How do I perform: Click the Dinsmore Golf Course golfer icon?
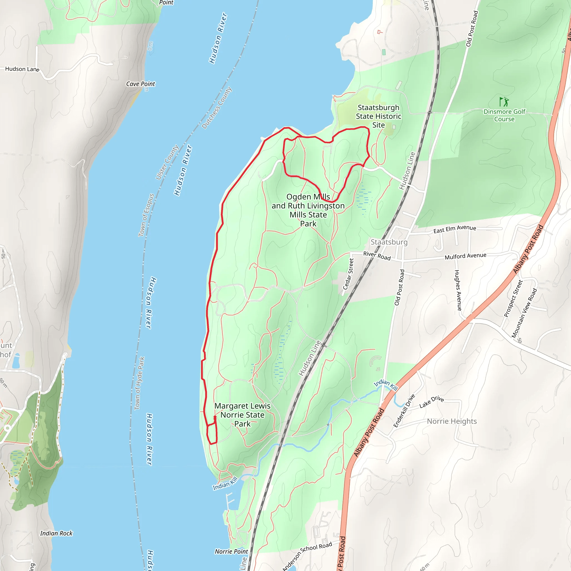(x=504, y=102)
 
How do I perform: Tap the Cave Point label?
(x=141, y=84)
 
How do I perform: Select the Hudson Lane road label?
(x=22, y=69)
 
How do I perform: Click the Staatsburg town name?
(x=389, y=242)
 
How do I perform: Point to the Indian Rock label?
(x=56, y=533)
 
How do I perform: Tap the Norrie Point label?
(x=231, y=551)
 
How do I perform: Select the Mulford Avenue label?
(x=465, y=256)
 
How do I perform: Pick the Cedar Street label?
(x=348, y=274)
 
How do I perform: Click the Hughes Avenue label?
(x=458, y=290)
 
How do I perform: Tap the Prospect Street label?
(x=513, y=299)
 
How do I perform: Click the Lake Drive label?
(x=432, y=402)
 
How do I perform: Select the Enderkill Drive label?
(x=404, y=411)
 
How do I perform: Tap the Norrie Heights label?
(x=452, y=421)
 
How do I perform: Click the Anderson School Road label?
(x=307, y=555)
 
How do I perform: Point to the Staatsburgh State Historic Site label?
(x=378, y=116)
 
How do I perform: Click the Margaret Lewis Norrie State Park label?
(x=242, y=415)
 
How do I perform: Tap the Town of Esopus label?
(x=146, y=215)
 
